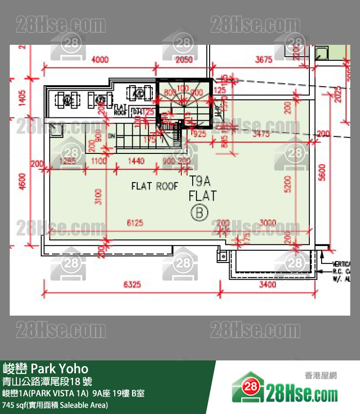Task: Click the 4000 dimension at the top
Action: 99,59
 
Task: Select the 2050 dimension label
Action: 184,59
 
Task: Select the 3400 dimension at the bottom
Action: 268,284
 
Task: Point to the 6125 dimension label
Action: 135,223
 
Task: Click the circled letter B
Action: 199,212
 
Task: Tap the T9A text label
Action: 199,182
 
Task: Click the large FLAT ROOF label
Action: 155,186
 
